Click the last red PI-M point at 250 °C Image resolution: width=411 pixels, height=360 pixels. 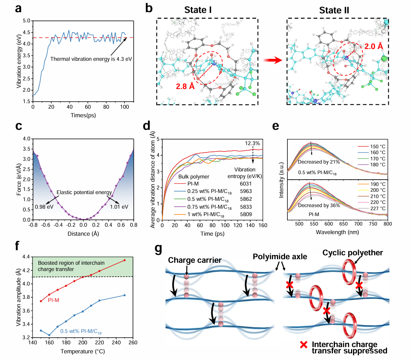coord(124,260)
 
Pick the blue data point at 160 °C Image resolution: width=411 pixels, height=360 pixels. coord(49,335)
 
